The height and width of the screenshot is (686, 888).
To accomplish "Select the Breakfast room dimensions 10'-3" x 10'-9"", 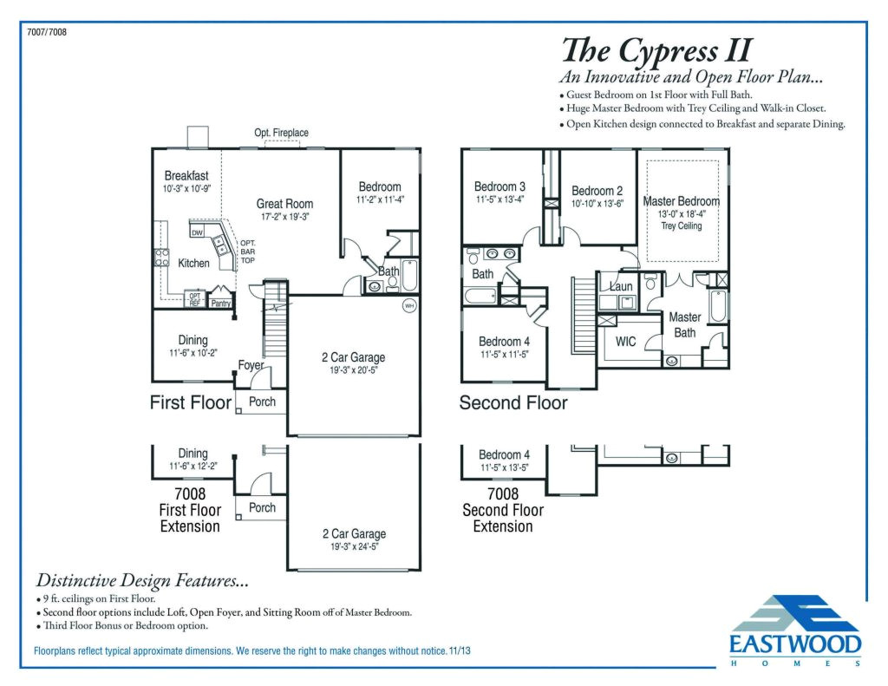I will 187,188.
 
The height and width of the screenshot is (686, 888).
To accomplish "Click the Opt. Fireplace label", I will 281,133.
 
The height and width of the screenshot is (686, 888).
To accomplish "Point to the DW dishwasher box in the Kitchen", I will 197,232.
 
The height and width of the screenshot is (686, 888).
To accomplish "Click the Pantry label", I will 221,304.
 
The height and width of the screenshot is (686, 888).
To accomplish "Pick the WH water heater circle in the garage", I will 408,306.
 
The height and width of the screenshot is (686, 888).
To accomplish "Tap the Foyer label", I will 251,365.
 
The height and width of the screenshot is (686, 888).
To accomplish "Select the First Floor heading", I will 191,402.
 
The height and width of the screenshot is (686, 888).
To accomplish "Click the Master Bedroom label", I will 681,201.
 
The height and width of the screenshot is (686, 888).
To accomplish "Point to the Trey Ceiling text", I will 681,226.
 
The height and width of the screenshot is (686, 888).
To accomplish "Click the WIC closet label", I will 625,342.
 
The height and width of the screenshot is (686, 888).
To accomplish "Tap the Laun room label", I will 621,286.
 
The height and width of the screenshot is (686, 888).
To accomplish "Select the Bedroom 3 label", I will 499,186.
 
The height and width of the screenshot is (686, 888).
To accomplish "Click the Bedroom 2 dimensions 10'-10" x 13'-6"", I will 597,205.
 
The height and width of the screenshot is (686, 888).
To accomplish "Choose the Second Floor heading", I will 513,403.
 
